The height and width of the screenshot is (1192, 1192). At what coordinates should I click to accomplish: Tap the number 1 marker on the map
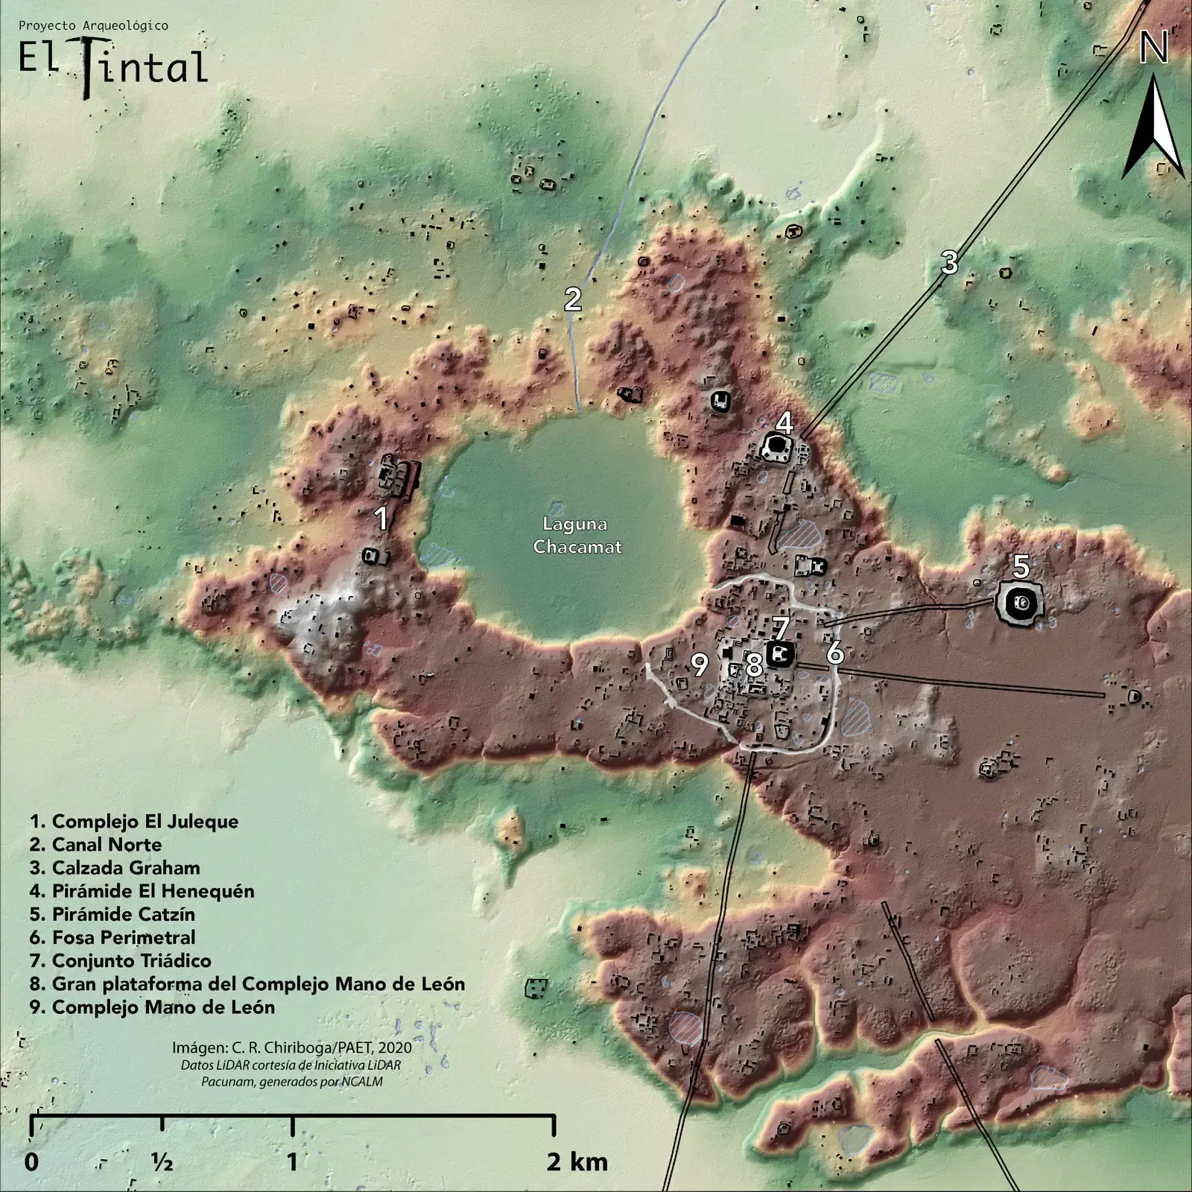381,519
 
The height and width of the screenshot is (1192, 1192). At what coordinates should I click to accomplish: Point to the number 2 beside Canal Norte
572,299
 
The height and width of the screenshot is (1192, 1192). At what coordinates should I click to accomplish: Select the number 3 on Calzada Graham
948,262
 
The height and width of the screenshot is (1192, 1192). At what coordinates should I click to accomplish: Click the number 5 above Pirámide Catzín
1021,567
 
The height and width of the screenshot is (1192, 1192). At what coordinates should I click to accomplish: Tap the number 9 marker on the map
699,665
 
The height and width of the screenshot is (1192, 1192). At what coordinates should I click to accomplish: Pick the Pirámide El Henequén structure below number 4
777,448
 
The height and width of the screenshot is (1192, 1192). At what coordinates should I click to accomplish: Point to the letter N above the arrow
1153,49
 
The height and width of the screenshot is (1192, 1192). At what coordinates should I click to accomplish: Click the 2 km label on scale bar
577,1161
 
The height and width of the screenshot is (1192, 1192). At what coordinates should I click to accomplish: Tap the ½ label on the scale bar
162,1161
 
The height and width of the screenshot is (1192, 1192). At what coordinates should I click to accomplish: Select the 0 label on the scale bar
31,1161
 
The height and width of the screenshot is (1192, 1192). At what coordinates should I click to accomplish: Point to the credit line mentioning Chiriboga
291,1047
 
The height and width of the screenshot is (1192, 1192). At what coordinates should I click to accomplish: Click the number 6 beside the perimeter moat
835,653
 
